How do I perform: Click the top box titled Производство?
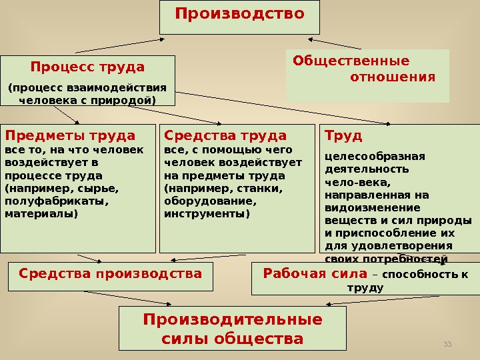tap(239, 15)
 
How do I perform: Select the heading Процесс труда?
tap(87, 67)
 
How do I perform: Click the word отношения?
tap(393, 77)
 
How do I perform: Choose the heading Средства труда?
tap(225, 135)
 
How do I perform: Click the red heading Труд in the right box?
tap(343, 135)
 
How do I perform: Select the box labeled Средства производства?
tap(110, 273)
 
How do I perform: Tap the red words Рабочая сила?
tap(315, 273)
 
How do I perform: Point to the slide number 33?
tap(447, 343)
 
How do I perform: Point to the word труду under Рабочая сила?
tap(366, 288)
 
